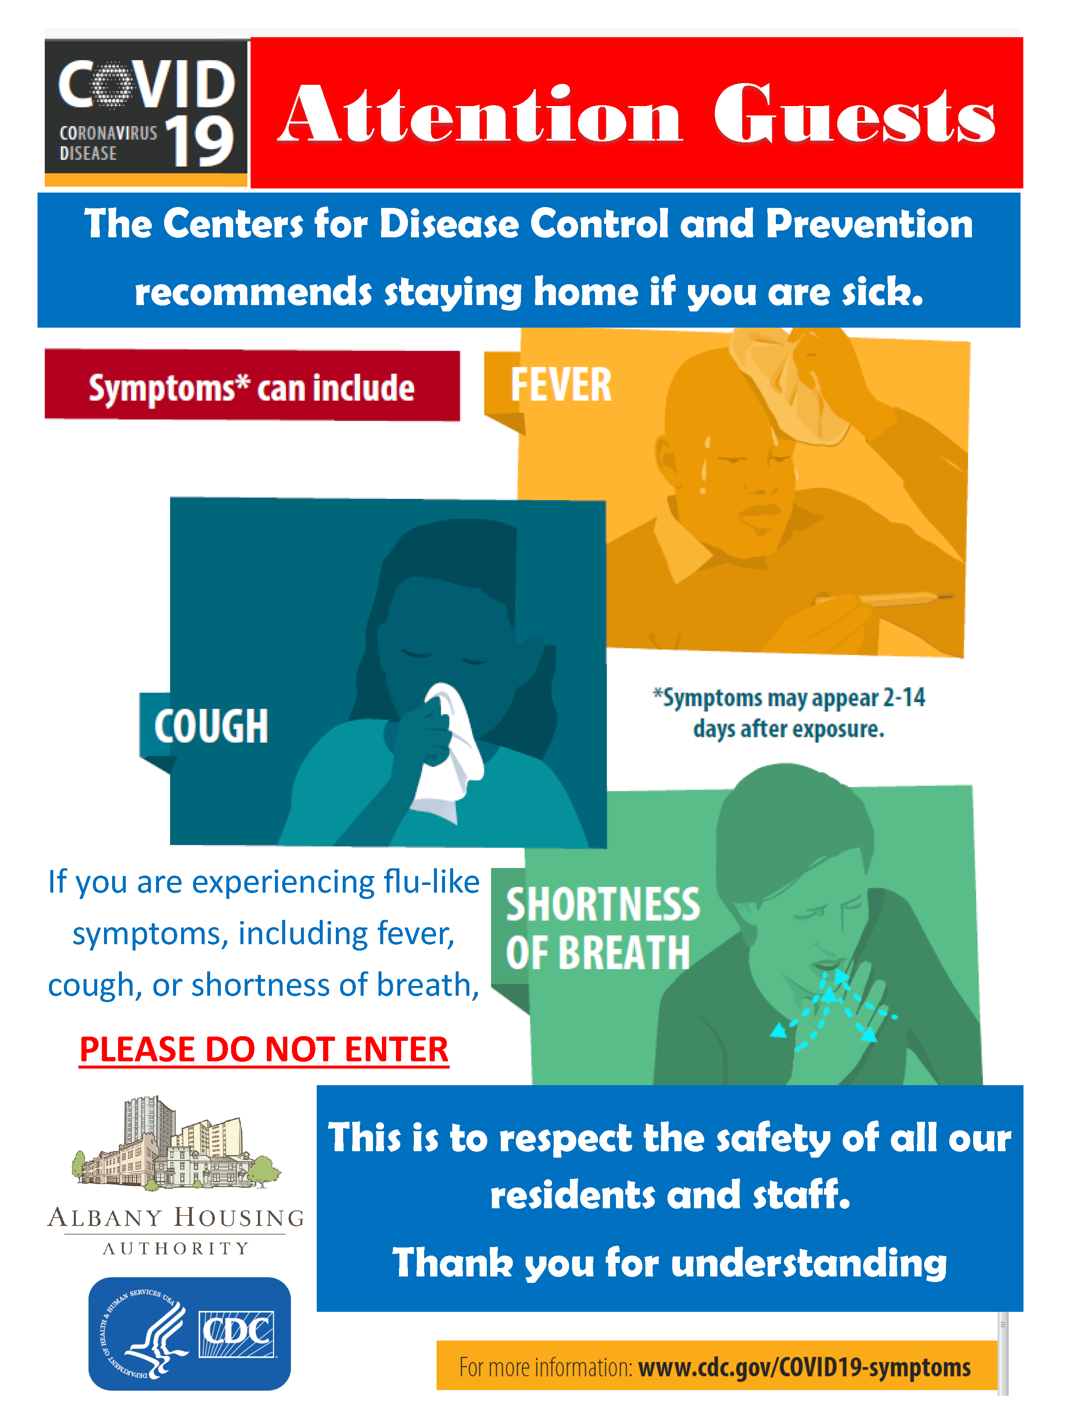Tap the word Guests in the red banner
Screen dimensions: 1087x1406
tap(855, 113)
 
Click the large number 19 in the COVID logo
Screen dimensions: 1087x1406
tap(199, 142)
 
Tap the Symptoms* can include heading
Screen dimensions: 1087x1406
tap(252, 388)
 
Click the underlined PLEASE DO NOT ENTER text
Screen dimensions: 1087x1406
tap(264, 1050)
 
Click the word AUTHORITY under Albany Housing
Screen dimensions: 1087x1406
tap(176, 1249)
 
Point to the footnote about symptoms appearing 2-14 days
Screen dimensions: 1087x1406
tap(789, 713)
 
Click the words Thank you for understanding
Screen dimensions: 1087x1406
tap(670, 1263)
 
